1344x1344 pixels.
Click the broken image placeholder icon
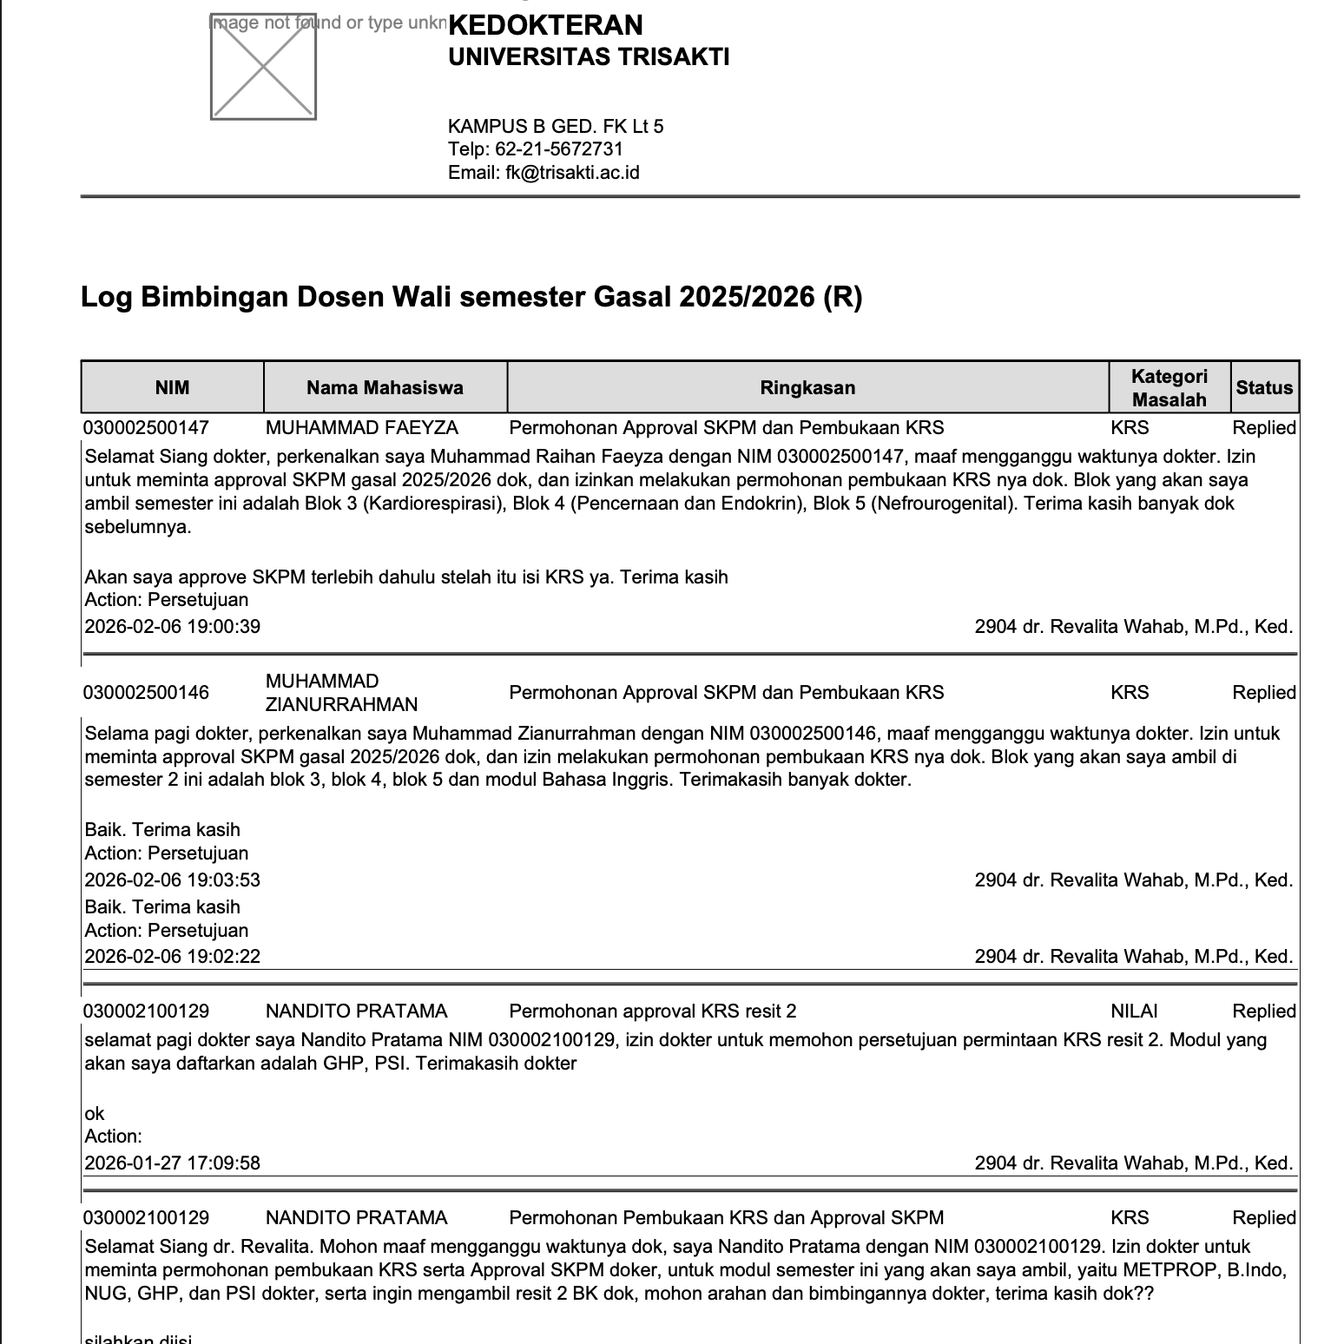pos(263,67)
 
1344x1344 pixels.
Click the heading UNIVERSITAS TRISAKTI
pos(588,57)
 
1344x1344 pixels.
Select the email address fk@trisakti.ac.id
pos(572,172)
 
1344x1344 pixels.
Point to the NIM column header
pos(172,387)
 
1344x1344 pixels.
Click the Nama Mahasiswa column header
pos(385,387)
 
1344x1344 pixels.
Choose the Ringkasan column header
pos(807,387)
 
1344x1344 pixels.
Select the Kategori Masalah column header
pos(1169,387)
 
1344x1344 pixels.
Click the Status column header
pos(1264,387)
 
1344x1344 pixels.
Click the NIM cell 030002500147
pos(146,428)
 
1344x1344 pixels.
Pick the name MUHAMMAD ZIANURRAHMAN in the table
pos(341,693)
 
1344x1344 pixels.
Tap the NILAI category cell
pos(1134,1011)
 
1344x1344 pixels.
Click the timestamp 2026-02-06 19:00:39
pos(172,627)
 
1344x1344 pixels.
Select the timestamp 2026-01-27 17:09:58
pos(172,1163)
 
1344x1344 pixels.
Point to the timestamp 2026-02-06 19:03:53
pos(172,880)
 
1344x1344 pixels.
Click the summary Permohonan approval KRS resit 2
pos(652,1011)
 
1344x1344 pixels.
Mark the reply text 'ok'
pos(95,1114)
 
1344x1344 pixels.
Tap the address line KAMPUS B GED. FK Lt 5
pos(556,126)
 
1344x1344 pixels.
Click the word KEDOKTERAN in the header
pos(545,24)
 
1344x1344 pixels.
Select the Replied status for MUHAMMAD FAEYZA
pos(1264,428)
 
